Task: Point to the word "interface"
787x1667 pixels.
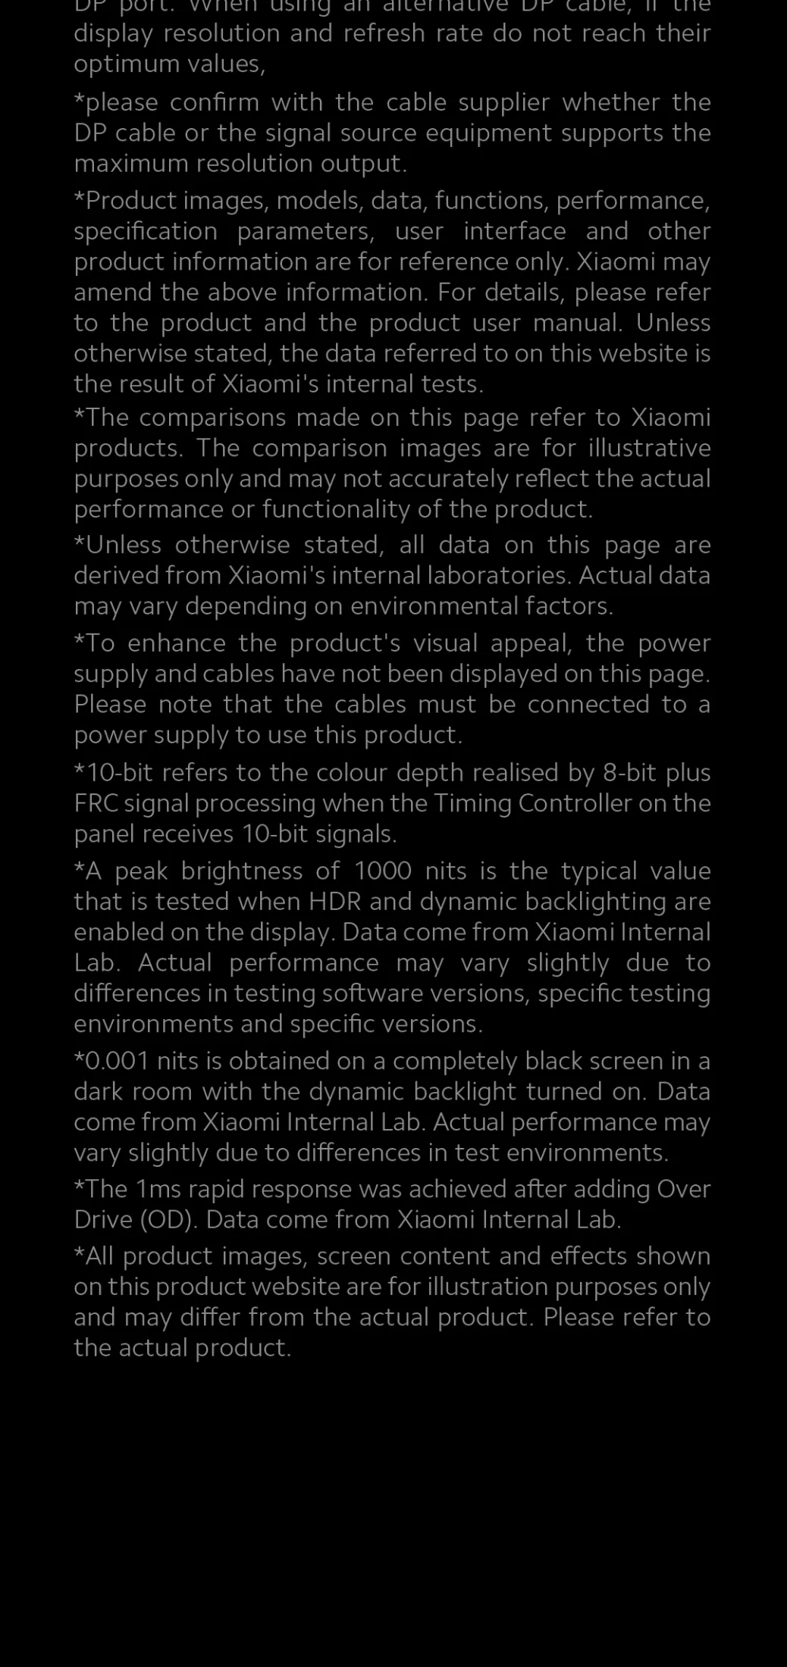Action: [515, 231]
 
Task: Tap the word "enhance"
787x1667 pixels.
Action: [177, 643]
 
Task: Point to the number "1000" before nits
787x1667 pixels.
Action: [383, 871]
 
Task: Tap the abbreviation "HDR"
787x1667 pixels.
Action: [334, 902]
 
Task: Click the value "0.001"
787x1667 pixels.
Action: [118, 1061]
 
